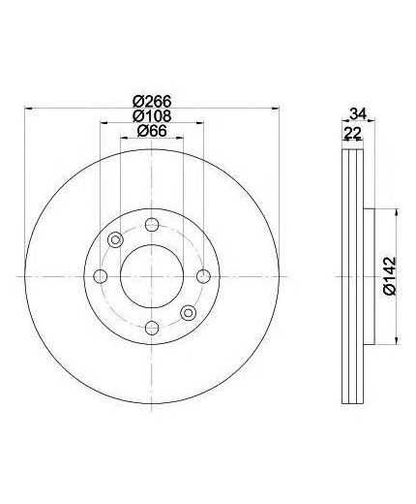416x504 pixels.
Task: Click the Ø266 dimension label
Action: [152, 102]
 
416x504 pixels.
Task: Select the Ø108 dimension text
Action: [152, 116]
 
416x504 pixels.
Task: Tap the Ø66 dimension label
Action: [152, 131]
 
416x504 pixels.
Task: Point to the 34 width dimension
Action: [358, 114]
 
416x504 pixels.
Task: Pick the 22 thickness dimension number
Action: [352, 133]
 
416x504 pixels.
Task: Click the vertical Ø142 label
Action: [390, 275]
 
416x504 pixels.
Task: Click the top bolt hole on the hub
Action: [152, 225]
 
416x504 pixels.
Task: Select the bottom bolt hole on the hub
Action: [152, 329]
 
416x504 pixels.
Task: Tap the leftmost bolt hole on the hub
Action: [101, 276]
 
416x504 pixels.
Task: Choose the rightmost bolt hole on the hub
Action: [203, 276]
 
